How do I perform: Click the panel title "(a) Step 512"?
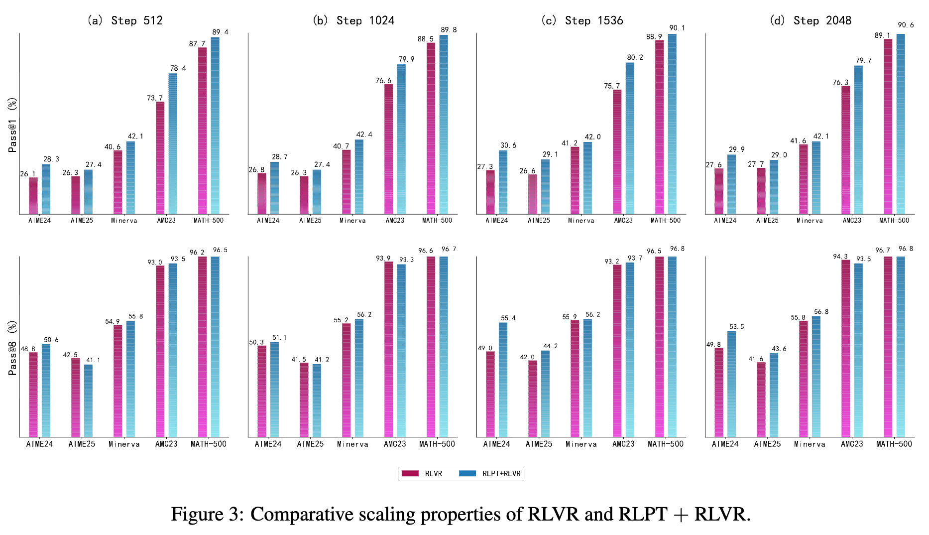pos(124,20)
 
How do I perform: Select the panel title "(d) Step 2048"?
pos(810,20)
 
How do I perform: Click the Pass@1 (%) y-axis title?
pos(12,125)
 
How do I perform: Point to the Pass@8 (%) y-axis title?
pos(12,348)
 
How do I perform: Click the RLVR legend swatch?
pos(410,473)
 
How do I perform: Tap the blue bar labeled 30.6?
pos(503,182)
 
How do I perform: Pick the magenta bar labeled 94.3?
pos(845,348)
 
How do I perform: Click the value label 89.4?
pos(220,32)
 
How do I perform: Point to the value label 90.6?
pos(906,25)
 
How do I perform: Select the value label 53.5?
pos(736,327)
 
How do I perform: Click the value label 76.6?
pos(383,80)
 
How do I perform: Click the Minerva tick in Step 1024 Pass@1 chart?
pos(352,220)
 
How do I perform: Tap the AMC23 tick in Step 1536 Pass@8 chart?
pos(623,444)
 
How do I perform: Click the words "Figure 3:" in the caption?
pos(208,514)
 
